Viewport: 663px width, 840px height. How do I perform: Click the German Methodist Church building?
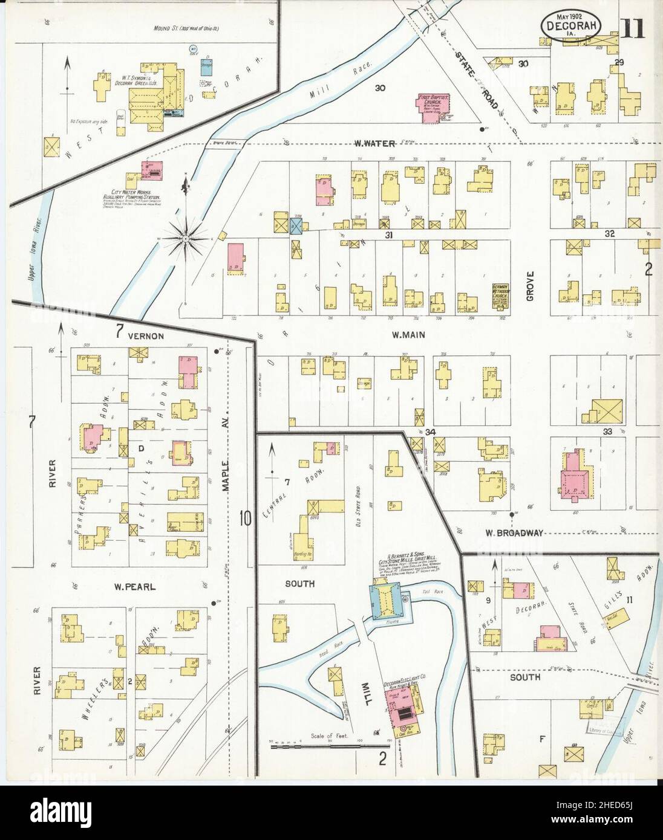500,296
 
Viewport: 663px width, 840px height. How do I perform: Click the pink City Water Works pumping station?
152,171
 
